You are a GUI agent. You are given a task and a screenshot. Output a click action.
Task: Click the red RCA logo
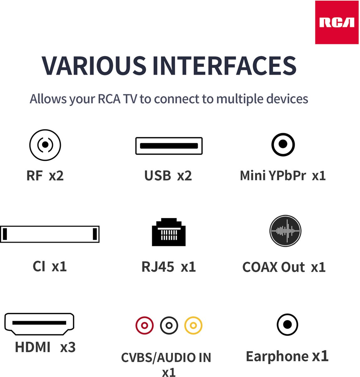[336, 22]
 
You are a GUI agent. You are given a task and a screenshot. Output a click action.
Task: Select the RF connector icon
[45, 145]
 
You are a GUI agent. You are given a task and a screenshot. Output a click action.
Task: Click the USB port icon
[169, 146]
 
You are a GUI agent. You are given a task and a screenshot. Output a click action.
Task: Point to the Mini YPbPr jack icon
[283, 145]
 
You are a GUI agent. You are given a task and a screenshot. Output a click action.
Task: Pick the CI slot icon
[50, 234]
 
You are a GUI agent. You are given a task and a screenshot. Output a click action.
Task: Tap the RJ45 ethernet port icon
[169, 232]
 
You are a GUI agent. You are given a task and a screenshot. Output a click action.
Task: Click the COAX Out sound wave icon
[285, 231]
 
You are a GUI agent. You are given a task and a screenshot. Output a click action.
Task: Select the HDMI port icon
[39, 324]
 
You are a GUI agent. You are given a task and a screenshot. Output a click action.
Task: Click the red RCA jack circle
[144, 325]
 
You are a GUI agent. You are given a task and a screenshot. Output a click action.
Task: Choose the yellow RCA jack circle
[193, 325]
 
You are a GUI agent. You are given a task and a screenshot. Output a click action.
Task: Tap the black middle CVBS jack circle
[169, 325]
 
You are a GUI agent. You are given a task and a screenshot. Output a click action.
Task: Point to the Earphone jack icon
[287, 325]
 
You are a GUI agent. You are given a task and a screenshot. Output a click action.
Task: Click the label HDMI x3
[45, 347]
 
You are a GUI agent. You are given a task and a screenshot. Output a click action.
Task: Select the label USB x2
[168, 176]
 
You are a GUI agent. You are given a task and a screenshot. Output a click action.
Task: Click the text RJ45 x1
[169, 267]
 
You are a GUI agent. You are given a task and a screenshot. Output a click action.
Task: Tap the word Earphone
[277, 357]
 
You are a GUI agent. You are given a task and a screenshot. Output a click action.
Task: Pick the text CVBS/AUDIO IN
[166, 358]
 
